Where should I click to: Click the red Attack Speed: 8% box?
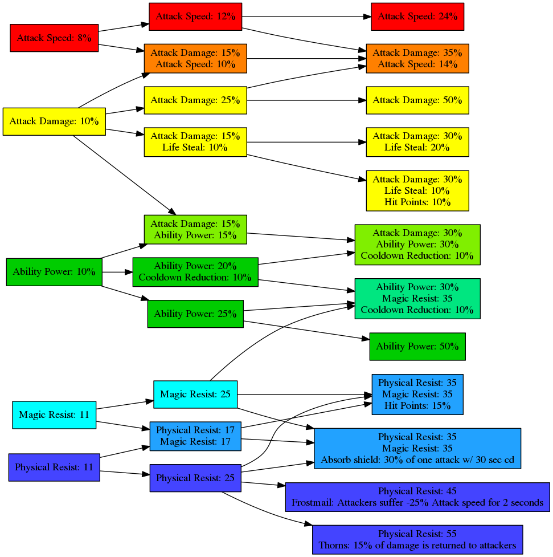click(54, 38)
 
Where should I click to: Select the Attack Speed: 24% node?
click(417, 17)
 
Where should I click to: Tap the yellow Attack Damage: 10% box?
click(54, 121)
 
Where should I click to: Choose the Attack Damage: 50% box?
click(417, 100)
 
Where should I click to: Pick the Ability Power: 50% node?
click(417, 347)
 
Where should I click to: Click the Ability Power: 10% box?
click(54, 272)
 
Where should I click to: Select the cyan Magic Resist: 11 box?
click(54, 415)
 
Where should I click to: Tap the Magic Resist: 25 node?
click(195, 395)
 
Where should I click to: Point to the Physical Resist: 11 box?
click(54, 467)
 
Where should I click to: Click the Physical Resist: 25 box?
click(195, 478)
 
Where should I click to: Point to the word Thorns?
click(333, 546)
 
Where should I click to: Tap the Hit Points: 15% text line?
click(417, 406)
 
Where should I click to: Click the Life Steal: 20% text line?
click(417, 148)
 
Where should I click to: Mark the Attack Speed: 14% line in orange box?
click(417, 64)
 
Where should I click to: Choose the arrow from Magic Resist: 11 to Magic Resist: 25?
click(125, 405)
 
